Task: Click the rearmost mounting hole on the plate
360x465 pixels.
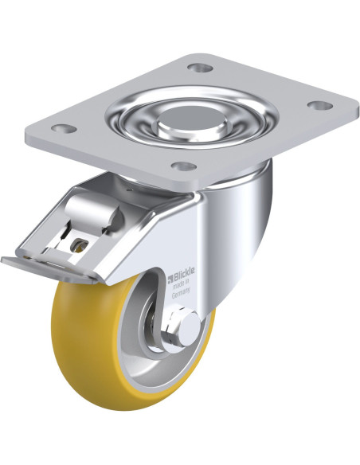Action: (x=201, y=68)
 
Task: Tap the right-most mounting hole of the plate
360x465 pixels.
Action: (x=320, y=104)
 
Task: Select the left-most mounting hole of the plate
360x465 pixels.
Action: (x=64, y=128)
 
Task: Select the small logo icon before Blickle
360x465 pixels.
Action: (x=170, y=279)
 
